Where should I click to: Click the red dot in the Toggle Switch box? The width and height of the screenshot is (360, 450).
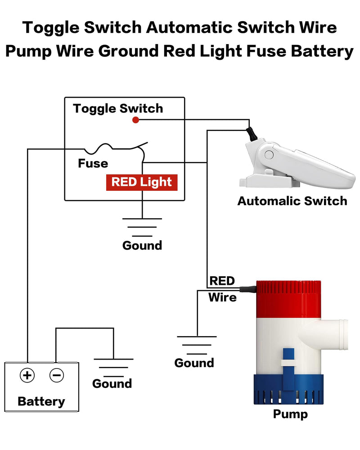135,120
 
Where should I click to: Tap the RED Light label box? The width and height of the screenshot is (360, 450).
142,183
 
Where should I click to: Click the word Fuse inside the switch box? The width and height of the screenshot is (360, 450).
93,163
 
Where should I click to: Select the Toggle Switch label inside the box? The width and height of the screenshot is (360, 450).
118,108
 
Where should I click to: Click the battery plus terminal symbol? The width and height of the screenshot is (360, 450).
27,375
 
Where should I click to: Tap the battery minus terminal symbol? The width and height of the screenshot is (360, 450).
57,375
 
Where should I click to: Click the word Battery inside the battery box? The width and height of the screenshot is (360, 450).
41,401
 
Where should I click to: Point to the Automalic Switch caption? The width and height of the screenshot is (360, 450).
292,201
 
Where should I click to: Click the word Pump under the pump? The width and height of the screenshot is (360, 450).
290,414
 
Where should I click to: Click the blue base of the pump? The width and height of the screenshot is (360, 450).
288,389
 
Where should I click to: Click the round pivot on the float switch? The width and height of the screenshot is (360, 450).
269,155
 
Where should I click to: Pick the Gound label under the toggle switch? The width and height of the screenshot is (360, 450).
142,245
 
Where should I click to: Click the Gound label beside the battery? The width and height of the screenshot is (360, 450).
112,383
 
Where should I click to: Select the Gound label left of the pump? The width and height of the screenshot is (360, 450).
194,363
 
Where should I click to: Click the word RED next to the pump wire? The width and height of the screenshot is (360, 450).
222,281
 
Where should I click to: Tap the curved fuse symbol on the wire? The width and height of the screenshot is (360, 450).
104,148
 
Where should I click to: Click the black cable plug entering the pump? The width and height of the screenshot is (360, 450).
247,289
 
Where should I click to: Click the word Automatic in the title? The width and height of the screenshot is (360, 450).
189,27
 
